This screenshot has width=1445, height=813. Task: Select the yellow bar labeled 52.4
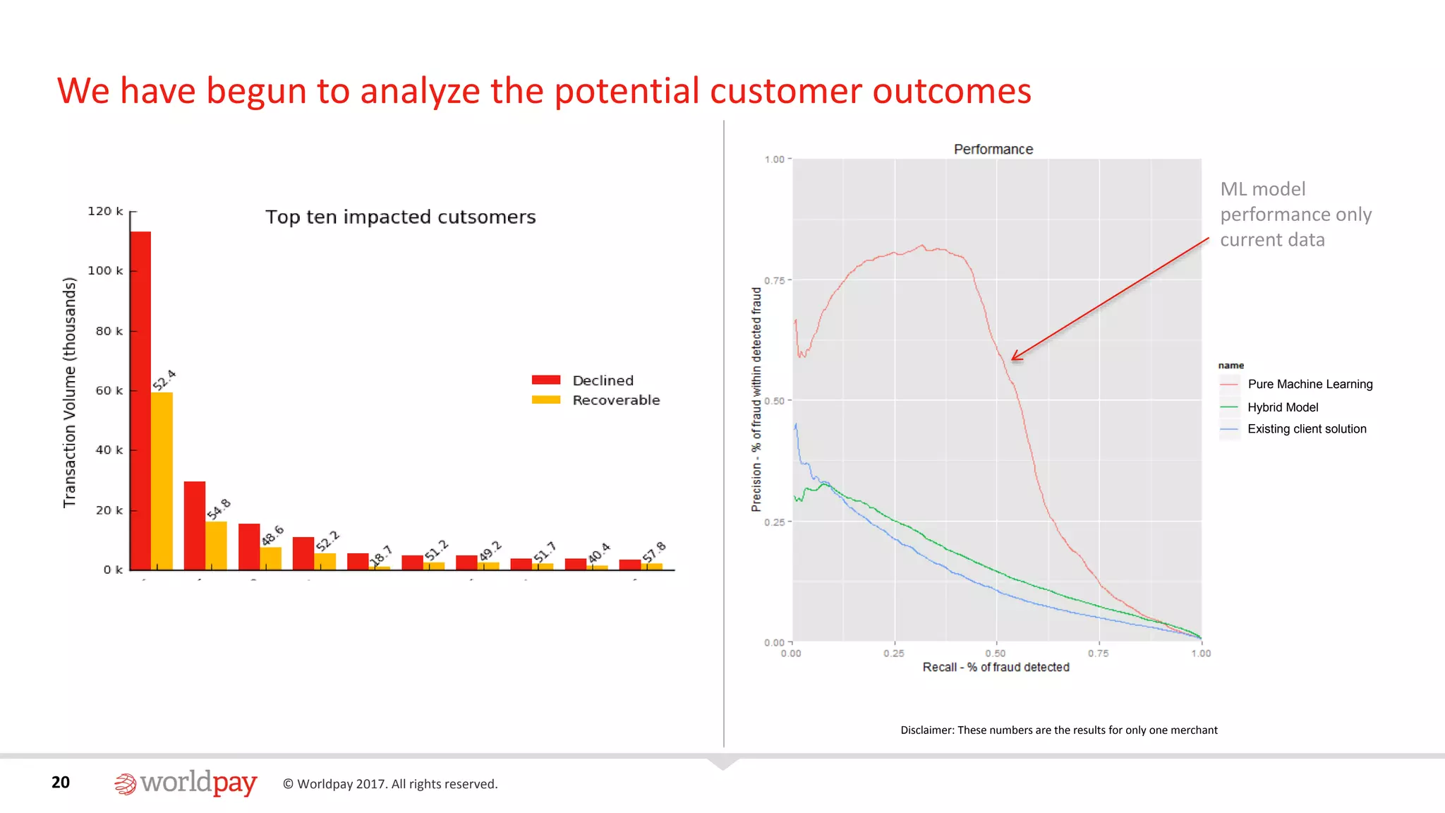pyautogui.click(x=162, y=481)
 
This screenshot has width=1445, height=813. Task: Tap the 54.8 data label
pyautogui.click(x=219, y=509)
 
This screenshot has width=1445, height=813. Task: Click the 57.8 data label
pyautogui.click(x=654, y=552)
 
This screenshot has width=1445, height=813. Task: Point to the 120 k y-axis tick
pyautogui.click(x=105, y=211)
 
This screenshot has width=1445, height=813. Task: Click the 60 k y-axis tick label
pyautogui.click(x=109, y=390)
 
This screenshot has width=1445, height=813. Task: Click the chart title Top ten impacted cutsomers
pyautogui.click(x=400, y=217)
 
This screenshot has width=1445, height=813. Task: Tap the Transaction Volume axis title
pyautogui.click(x=69, y=392)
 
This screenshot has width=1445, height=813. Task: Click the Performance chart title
pyautogui.click(x=993, y=149)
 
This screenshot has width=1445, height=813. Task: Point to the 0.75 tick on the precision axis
pyautogui.click(x=775, y=280)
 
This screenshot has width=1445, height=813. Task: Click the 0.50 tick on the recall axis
pyautogui.click(x=996, y=654)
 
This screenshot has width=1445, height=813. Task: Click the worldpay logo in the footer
pyautogui.click(x=186, y=783)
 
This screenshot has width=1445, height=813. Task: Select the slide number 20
pyautogui.click(x=61, y=782)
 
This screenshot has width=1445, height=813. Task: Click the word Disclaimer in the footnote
pyautogui.click(x=926, y=730)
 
